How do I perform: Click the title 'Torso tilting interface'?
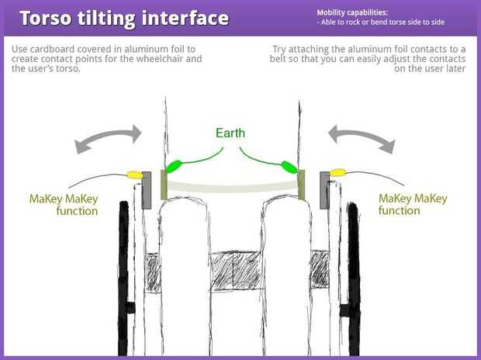[x=124, y=18]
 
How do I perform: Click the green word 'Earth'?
[x=230, y=133]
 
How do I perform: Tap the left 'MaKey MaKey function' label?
[x=66, y=205]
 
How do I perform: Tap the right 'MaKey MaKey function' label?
[x=413, y=205]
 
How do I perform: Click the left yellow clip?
[x=134, y=175]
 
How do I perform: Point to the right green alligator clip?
[x=289, y=165]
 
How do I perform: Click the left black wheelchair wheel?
[x=123, y=272]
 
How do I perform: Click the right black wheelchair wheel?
[x=354, y=272]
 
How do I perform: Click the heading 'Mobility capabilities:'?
[x=351, y=12]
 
